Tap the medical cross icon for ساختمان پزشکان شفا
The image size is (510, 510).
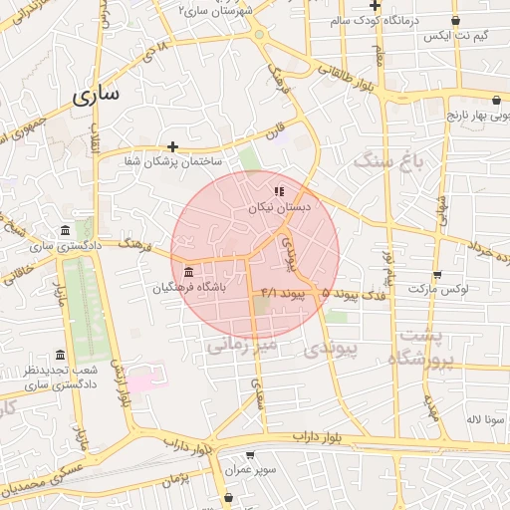pyautogui.click(x=172, y=146)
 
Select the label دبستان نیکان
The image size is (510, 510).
pyautogui.click(x=279, y=207)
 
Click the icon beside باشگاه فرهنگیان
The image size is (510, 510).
pyautogui.click(x=188, y=272)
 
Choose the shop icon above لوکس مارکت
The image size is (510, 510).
pyautogui.click(x=436, y=275)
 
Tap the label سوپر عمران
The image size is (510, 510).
pyautogui.click(x=250, y=467)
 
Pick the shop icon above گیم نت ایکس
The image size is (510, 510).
pyautogui.click(x=455, y=20)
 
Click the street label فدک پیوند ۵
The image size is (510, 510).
pyautogui.click(x=354, y=293)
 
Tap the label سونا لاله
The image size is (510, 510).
pyautogui.click(x=485, y=419)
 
